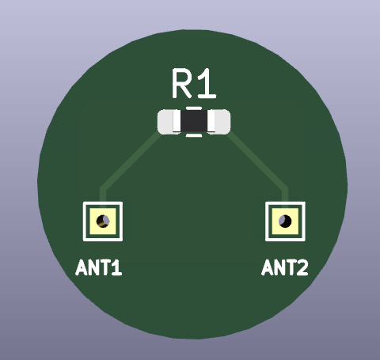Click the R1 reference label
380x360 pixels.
tap(194, 84)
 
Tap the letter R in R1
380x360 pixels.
tap(182, 84)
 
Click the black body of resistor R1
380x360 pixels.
tap(194, 121)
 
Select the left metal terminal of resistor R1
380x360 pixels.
tap(169, 122)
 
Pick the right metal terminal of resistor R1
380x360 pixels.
tap(218, 122)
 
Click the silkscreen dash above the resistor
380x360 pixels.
tap(194, 108)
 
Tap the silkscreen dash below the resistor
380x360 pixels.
tap(194, 135)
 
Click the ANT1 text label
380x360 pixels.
tap(99, 267)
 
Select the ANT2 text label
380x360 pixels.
tap(285, 267)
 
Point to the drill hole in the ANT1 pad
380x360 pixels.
tap(103, 221)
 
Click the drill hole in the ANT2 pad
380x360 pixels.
tap(285, 221)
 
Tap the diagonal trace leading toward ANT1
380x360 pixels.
tap(129, 161)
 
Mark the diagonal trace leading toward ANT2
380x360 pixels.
tap(258, 161)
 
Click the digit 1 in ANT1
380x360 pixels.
tap(117, 267)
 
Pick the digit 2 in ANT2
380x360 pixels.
tap(302, 267)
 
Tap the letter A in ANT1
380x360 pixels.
tap(82, 267)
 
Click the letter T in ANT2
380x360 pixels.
tap(291, 267)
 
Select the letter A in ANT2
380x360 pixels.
tap(268, 267)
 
